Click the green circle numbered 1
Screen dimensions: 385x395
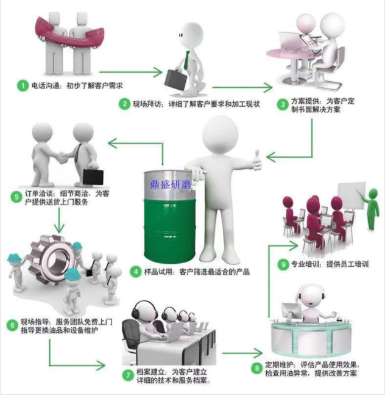[x=23, y=86]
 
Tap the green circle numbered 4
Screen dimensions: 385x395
[x=136, y=272]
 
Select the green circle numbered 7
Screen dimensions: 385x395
[x=128, y=375]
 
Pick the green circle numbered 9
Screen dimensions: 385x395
[x=283, y=264]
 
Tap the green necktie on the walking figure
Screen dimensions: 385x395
[x=186, y=60]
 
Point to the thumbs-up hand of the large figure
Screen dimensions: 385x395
[x=257, y=161]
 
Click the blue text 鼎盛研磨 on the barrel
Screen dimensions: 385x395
[x=171, y=184]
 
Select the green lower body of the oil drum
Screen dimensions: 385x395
[x=169, y=231]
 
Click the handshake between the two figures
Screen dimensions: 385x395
[x=61, y=158]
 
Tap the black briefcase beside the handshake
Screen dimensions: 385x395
[x=93, y=177]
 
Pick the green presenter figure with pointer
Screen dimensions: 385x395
[x=372, y=209]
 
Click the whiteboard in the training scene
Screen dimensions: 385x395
[x=351, y=196]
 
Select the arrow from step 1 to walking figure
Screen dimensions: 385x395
[x=131, y=72]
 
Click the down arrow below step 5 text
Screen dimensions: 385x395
[x=59, y=220]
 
